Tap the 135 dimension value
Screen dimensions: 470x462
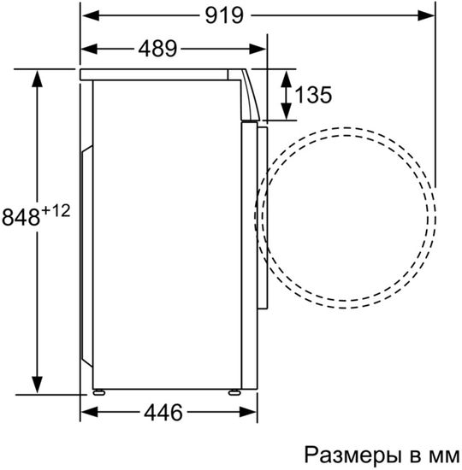tap(312, 95)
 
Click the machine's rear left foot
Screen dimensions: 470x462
tap(99, 392)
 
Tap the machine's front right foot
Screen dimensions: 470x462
tap(233, 392)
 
